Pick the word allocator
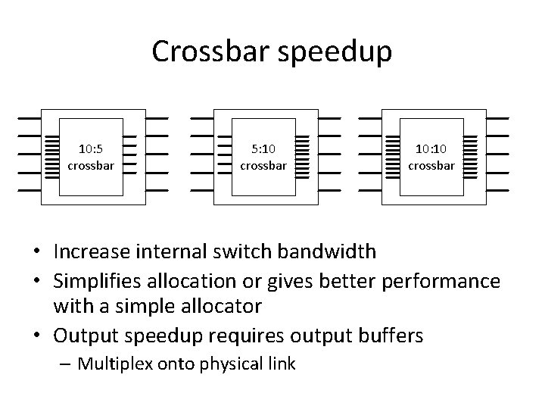coord(230,307)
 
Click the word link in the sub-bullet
coord(282,364)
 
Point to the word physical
coord(237,364)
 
